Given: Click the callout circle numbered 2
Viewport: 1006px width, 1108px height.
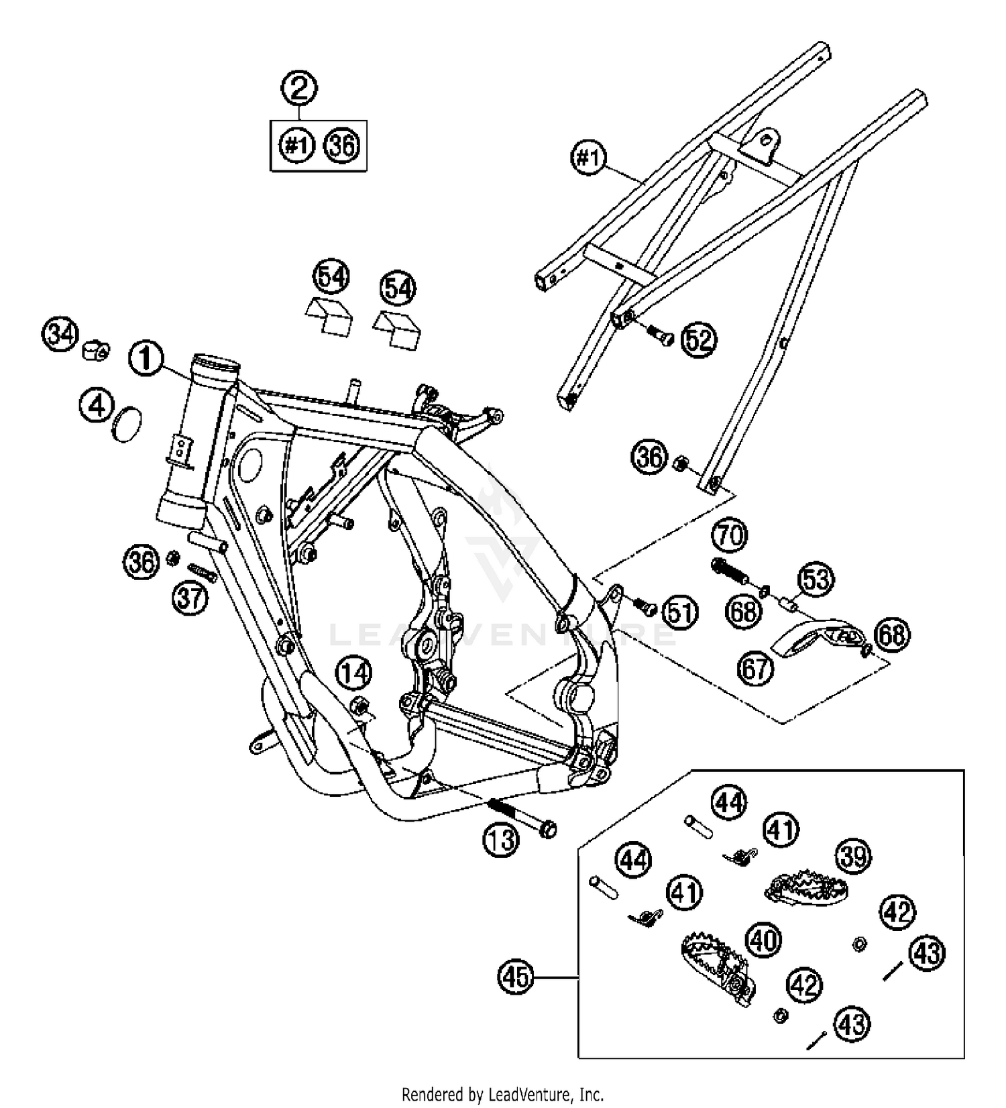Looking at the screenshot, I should [x=300, y=88].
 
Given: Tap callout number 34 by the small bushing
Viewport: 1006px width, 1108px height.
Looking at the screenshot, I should [x=61, y=334].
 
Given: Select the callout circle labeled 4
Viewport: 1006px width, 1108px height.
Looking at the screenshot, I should [x=97, y=405].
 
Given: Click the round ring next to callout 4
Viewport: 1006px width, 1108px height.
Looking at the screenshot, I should [x=128, y=425].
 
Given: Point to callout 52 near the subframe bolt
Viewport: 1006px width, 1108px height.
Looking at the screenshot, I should [x=699, y=340].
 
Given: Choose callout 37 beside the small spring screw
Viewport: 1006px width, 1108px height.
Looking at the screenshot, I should [x=190, y=596].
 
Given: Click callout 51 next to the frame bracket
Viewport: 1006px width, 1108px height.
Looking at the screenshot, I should [x=680, y=612].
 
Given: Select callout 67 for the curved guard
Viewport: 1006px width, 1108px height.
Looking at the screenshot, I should [x=756, y=668].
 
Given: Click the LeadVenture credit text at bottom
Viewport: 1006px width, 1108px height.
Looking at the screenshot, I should [x=502, y=1095].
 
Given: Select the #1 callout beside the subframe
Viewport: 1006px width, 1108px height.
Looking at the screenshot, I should [x=588, y=159].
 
